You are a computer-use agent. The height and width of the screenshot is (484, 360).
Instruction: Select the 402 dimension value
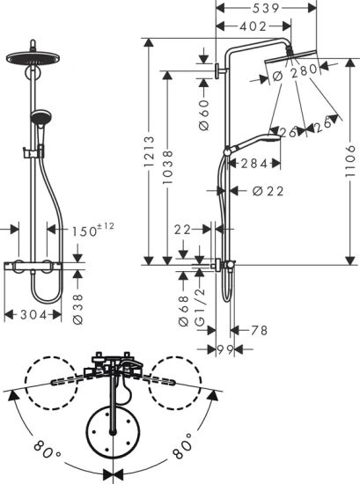[253, 27]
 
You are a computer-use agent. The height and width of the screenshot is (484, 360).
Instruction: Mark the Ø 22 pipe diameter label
[267, 191]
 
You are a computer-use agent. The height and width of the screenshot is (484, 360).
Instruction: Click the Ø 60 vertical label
[202, 114]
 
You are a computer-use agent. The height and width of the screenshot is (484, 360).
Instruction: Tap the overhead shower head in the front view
[35, 58]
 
